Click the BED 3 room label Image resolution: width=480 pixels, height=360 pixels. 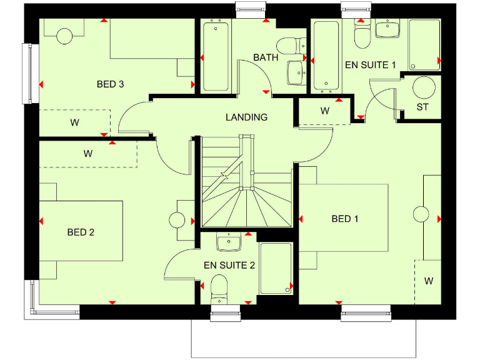click(x=110, y=84)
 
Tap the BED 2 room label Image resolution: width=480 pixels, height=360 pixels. click(x=81, y=232)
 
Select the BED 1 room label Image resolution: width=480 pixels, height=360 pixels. click(x=345, y=219)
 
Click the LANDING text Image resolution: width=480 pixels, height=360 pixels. click(x=246, y=117)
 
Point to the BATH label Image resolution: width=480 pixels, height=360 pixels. click(x=266, y=57)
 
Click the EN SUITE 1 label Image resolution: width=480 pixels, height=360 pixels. click(x=371, y=64)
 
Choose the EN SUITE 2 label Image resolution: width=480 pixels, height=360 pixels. click(x=229, y=265)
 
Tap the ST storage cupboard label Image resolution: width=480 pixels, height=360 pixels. click(x=423, y=107)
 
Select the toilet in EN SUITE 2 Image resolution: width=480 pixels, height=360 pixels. click(x=219, y=287)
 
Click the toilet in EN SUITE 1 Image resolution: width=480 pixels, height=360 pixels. click(x=362, y=36)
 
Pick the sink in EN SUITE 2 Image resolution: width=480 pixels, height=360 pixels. click(x=228, y=241)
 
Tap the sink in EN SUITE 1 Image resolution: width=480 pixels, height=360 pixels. click(x=387, y=29)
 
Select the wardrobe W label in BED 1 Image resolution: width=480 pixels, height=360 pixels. click(x=429, y=281)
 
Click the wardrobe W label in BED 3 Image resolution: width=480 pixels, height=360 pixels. click(x=75, y=122)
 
